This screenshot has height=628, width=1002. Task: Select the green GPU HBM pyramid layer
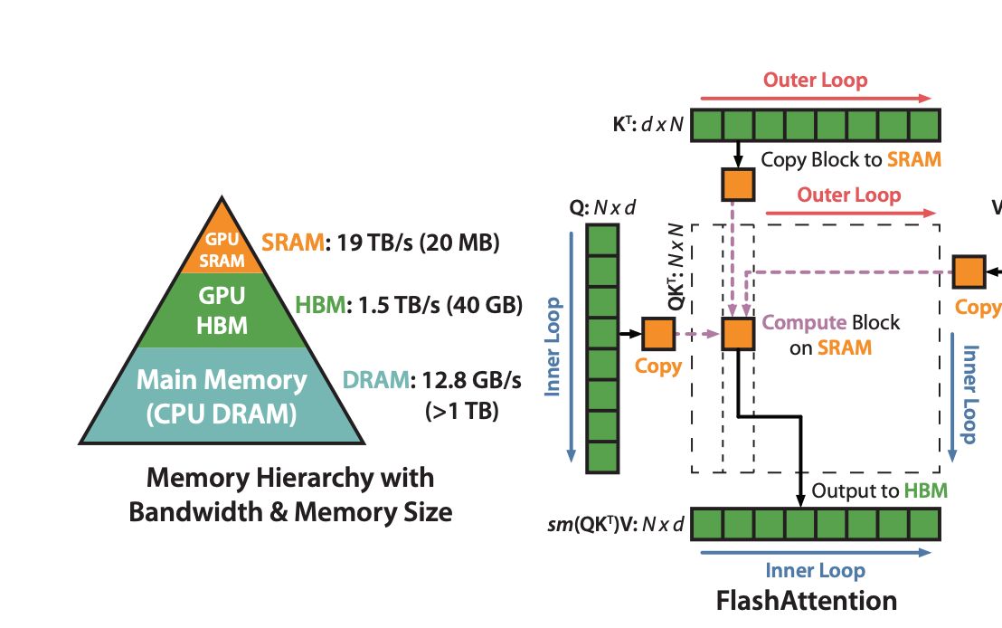click(222, 309)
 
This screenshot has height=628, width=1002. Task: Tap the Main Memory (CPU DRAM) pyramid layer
click(222, 396)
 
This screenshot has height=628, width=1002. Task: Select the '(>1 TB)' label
click(461, 412)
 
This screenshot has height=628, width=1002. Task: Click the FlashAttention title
click(807, 600)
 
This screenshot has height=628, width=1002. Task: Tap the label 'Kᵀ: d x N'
click(648, 124)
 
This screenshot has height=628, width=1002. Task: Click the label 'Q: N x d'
click(602, 208)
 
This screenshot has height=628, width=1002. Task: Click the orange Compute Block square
click(738, 334)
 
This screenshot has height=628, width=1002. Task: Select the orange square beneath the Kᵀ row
click(738, 184)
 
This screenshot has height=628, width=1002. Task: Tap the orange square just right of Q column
click(658, 334)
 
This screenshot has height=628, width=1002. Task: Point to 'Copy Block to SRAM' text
click(851, 160)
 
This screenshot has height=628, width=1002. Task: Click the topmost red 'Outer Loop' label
click(815, 80)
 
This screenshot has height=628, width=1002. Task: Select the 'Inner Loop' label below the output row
click(815, 571)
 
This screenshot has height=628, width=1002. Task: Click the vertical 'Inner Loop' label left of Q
click(553, 347)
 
